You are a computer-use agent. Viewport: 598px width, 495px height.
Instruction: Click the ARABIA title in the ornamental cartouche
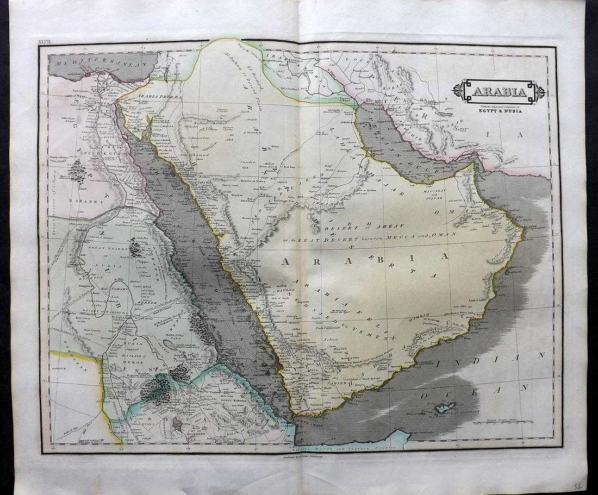point(499,91)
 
